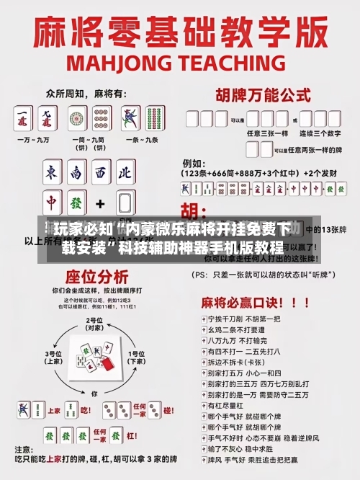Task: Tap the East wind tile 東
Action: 53,173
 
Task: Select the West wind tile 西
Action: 101,173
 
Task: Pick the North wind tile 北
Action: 125,173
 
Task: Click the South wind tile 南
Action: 76,173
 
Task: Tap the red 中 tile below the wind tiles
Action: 53,203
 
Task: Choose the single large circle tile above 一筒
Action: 77,117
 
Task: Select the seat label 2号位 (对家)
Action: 94,324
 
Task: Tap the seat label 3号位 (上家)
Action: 55,357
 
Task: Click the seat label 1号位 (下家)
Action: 136,357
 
